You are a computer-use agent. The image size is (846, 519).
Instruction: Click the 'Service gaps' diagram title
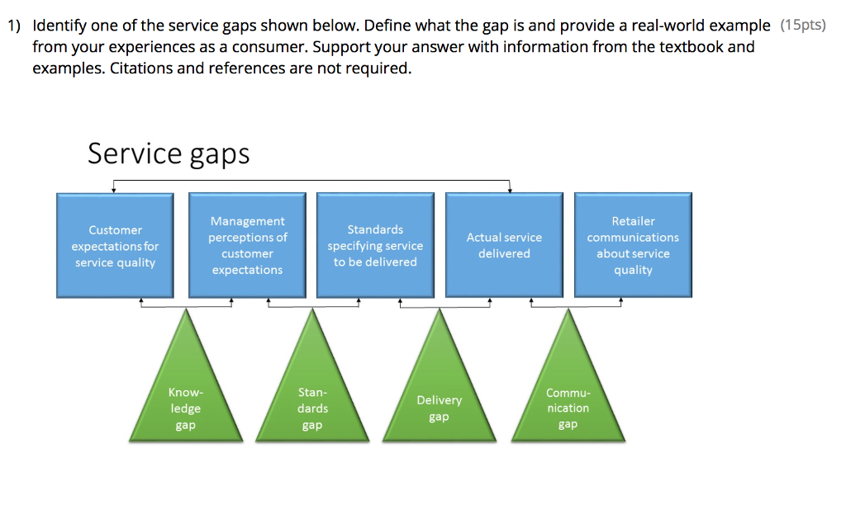click(169, 153)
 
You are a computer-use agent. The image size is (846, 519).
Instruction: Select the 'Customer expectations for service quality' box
click(115, 246)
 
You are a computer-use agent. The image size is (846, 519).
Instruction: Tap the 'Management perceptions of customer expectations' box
click(247, 246)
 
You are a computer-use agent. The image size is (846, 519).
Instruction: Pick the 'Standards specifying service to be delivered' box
click(375, 246)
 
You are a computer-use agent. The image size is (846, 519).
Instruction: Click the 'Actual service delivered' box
click(504, 246)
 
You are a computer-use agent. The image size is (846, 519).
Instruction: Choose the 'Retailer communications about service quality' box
click(633, 246)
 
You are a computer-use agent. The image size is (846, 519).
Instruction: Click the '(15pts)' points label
click(802, 25)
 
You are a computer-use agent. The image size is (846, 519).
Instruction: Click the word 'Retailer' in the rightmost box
click(633, 221)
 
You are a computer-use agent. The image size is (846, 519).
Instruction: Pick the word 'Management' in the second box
click(247, 221)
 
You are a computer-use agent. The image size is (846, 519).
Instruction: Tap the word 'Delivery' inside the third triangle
click(439, 400)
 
